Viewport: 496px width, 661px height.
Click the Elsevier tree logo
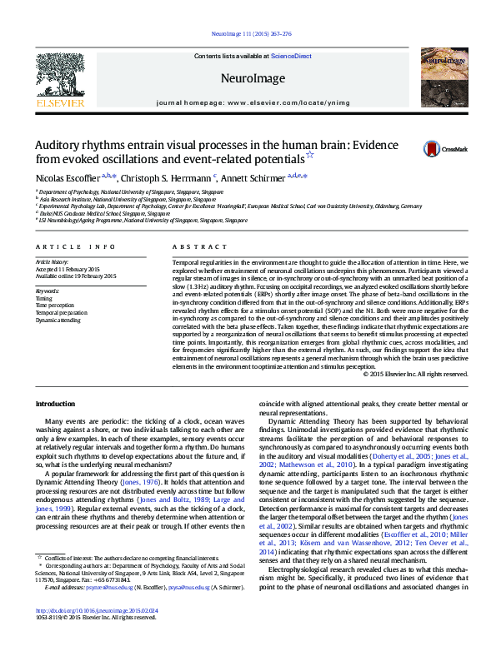[60, 74]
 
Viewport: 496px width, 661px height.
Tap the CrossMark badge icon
[433, 149]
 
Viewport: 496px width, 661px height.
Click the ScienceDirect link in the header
[291, 56]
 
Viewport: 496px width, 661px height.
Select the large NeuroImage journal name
[248, 77]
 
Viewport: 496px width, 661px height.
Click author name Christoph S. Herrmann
[168, 177]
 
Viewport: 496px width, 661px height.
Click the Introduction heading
[55, 404]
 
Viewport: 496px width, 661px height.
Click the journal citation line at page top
[248, 34]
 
